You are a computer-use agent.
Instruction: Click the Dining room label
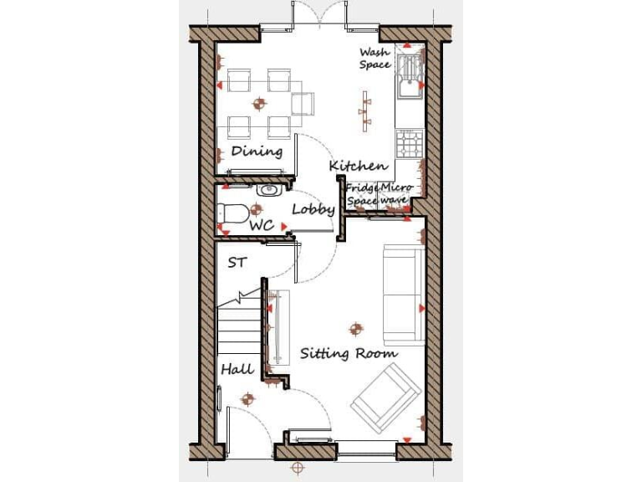pos(257,151)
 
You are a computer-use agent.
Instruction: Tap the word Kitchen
pos(358,167)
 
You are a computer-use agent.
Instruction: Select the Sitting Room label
pos(349,353)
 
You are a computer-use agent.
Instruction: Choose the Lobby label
pos(313,209)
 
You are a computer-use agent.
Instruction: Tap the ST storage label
pos(237,263)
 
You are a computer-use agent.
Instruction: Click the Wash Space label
pos(375,59)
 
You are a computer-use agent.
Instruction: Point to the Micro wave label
pos(395,195)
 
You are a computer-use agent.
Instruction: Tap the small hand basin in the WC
pos(267,191)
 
